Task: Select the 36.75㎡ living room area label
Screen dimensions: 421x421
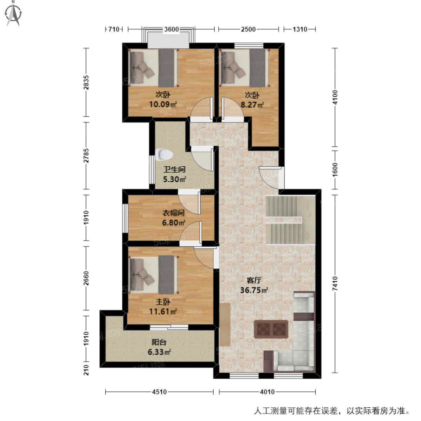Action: [254, 290]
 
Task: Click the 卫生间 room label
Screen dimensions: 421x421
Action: [174, 169]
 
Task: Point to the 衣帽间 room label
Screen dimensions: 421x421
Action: [173, 213]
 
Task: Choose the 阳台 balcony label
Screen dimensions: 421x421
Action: [159, 342]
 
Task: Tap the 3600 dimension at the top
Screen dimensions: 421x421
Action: [172, 29]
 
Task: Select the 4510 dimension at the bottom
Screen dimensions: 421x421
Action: [159, 392]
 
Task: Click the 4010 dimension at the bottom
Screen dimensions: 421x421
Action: [267, 392]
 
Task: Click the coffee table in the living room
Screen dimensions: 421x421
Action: [272, 329]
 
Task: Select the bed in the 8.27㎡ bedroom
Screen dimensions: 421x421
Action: [245, 68]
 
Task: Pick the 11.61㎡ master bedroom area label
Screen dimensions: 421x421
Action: [163, 311]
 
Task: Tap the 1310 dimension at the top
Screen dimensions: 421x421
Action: [300, 29]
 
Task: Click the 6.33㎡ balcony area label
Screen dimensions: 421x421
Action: [159, 352]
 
